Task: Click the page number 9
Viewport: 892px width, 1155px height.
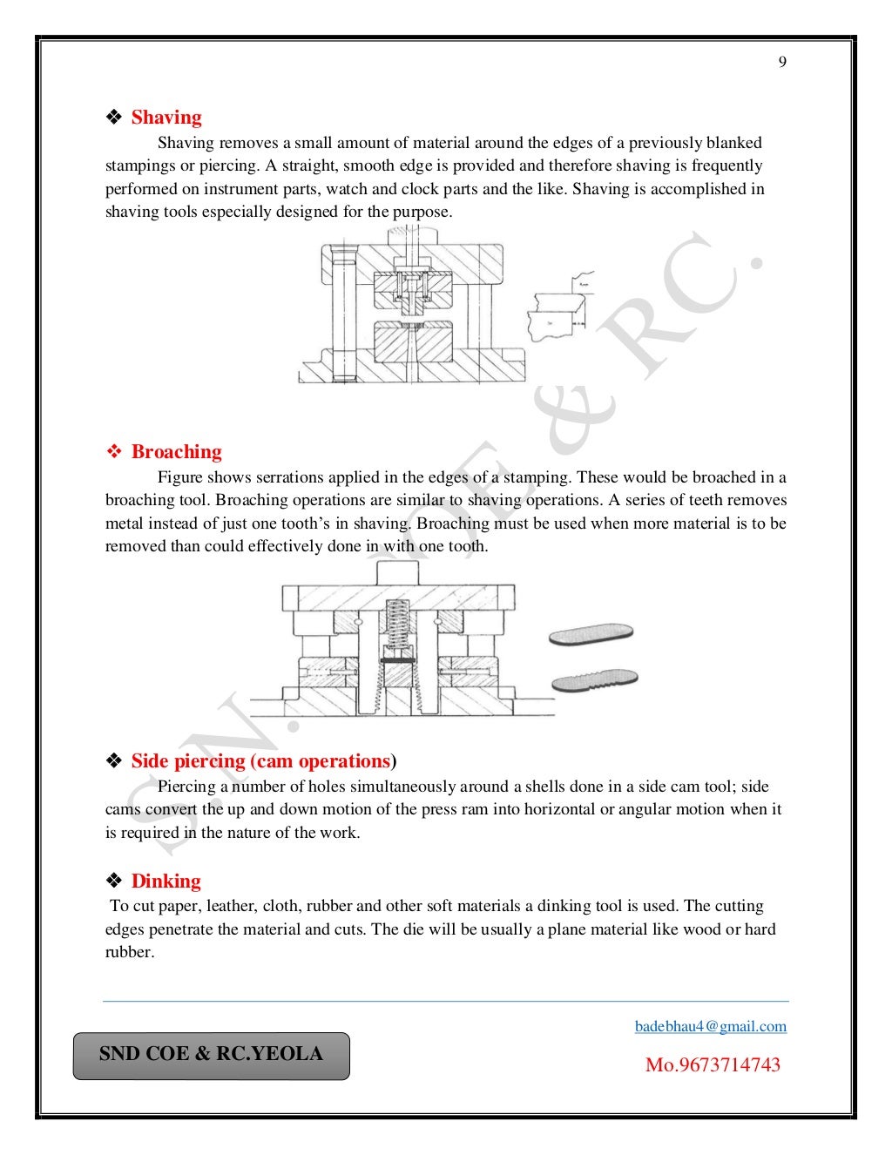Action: pyautogui.click(x=782, y=61)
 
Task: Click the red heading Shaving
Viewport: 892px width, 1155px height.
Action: pyautogui.click(x=166, y=118)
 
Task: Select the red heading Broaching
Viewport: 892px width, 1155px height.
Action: pyautogui.click(x=176, y=452)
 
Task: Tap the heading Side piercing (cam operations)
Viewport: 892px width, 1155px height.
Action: pyautogui.click(x=260, y=761)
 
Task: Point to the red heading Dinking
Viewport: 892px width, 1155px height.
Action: pyautogui.click(x=166, y=881)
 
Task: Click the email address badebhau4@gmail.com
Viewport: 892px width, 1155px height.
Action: pyautogui.click(x=710, y=1026)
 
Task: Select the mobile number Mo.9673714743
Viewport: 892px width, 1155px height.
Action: pyautogui.click(x=712, y=1064)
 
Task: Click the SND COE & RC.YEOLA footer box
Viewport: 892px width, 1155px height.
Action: pyautogui.click(x=211, y=1055)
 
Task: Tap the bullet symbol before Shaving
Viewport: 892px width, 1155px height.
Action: pyautogui.click(x=113, y=118)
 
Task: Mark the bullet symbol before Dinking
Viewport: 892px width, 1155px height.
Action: pyautogui.click(x=113, y=881)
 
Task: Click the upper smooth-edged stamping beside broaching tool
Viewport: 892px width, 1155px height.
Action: pyautogui.click(x=591, y=634)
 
